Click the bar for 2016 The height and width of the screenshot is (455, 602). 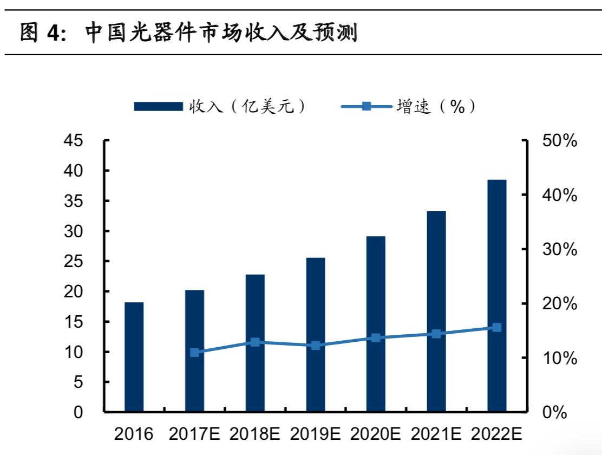[134, 357]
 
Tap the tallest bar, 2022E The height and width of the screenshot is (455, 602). [497, 296]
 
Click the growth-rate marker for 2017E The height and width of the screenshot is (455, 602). [195, 353]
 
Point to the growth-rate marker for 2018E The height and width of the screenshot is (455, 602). [255, 342]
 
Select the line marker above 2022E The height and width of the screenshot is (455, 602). [497, 327]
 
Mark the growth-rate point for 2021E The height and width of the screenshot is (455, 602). [436, 334]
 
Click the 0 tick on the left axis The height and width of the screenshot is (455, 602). [78, 413]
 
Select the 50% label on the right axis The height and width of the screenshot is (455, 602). [559, 141]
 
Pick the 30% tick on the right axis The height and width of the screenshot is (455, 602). [559, 250]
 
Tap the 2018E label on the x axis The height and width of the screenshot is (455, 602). [255, 434]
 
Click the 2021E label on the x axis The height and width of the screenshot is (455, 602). [436, 434]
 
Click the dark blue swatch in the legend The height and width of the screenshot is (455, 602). [158, 107]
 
